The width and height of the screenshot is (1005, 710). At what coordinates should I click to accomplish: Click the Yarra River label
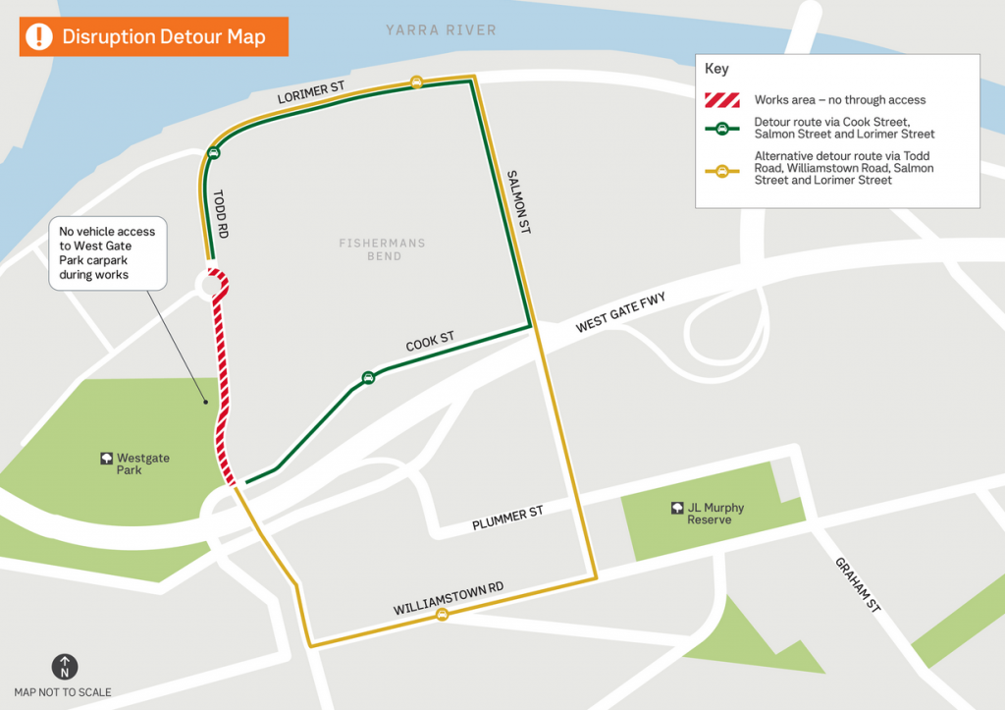(442, 30)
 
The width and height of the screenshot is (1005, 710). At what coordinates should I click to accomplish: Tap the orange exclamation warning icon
(39, 36)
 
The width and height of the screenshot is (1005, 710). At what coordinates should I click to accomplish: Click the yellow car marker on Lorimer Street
(416, 82)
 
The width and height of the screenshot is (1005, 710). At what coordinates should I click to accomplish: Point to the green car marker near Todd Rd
(214, 152)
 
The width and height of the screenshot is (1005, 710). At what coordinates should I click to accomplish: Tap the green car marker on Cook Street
(368, 377)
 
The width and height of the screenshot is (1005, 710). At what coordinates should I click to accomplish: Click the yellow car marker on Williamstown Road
(442, 615)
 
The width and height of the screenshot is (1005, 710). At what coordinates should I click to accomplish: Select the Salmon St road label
(518, 201)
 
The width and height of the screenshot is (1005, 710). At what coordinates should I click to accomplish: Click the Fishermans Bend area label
(384, 249)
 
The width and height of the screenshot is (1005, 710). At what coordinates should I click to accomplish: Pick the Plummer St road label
(507, 519)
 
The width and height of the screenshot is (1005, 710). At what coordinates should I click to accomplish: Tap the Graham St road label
(859, 585)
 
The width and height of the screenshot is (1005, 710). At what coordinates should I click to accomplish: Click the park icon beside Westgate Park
(105, 459)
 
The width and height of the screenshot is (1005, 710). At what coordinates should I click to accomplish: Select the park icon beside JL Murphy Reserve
(677, 508)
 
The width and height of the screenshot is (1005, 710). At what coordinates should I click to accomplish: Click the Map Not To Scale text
(63, 692)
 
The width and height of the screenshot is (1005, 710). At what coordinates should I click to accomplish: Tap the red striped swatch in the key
(722, 99)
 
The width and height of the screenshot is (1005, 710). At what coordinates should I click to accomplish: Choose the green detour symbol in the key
(722, 128)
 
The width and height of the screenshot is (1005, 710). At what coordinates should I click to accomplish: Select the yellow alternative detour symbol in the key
(722, 169)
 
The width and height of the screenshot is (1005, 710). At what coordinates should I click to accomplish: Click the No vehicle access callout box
(108, 253)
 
